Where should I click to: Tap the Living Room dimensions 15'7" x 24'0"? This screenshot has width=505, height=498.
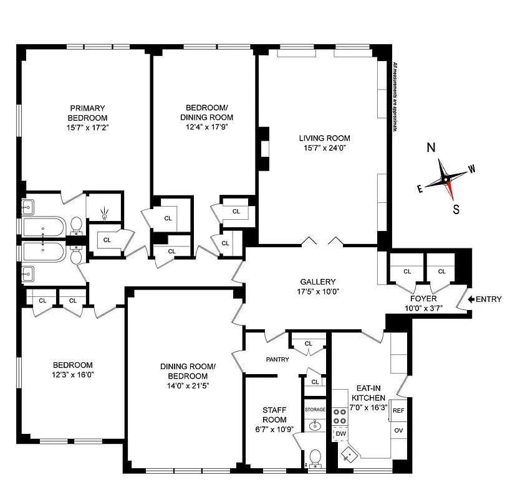pos(324,148)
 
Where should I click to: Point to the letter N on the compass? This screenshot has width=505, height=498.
pos(430,148)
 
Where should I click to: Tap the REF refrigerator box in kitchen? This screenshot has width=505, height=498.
pos(398,411)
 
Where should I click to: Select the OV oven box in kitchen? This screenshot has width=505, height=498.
pos(398,430)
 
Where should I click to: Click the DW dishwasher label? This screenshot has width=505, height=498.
pos(340,433)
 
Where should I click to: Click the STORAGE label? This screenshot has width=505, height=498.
pos(315,409)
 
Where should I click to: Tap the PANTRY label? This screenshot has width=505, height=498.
pos(277,359)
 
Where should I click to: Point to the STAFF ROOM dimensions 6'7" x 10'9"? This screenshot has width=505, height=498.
pos(274,429)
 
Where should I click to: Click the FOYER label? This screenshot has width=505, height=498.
pos(423,299)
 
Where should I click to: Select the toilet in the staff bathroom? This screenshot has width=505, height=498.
pos(315,459)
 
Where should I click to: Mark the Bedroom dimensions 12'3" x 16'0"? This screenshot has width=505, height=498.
pos(72,374)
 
